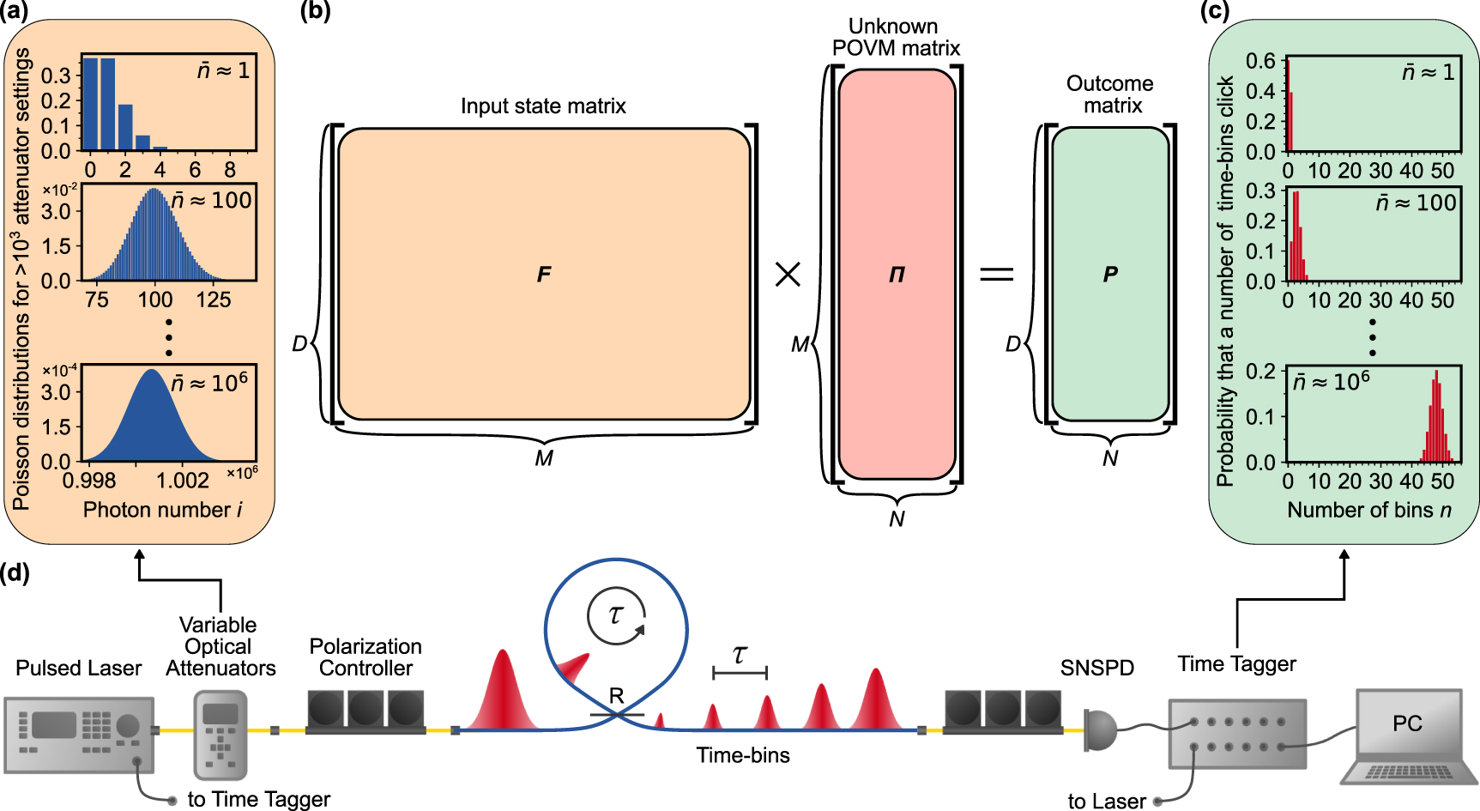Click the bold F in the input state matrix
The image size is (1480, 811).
tap(544, 275)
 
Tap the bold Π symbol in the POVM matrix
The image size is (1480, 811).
tap(897, 275)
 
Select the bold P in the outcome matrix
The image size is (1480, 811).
tap(1110, 275)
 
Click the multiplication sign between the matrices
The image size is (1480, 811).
tap(788, 275)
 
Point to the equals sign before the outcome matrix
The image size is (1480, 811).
tap(997, 275)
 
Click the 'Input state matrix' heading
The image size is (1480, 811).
tap(543, 106)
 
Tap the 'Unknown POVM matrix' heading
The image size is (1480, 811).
tap(895, 38)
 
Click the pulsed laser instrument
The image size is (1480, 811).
tap(79, 734)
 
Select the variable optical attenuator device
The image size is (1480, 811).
tap(220, 735)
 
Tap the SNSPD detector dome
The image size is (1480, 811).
tap(1101, 729)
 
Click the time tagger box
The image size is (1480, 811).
tap(1237, 734)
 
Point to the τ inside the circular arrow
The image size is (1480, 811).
tap(615, 614)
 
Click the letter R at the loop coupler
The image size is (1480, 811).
tap(616, 696)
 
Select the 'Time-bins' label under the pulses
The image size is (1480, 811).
tap(743, 755)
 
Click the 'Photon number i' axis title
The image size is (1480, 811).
tap(162, 511)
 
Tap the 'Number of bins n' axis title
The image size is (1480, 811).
tap(1369, 511)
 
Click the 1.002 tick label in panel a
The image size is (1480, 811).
tap(183, 481)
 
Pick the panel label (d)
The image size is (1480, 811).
tap(15, 572)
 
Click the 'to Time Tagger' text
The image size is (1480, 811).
tap(259, 799)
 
